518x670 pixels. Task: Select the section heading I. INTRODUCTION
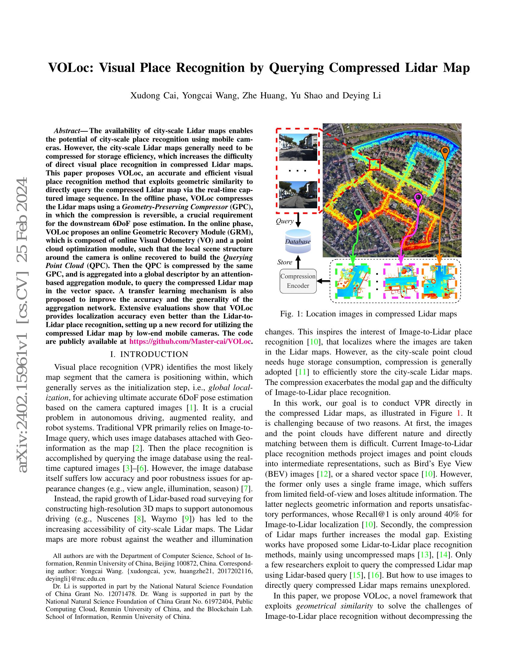(149, 354)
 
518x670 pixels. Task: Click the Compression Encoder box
(298, 281)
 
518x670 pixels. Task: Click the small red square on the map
(374, 165)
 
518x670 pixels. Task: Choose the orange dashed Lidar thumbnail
(439, 281)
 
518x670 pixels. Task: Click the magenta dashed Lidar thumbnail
(401, 281)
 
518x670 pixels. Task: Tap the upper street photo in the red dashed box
(298, 147)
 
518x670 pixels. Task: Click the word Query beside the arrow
(285, 221)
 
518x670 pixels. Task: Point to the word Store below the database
(285, 262)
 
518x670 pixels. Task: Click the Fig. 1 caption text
(368, 314)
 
